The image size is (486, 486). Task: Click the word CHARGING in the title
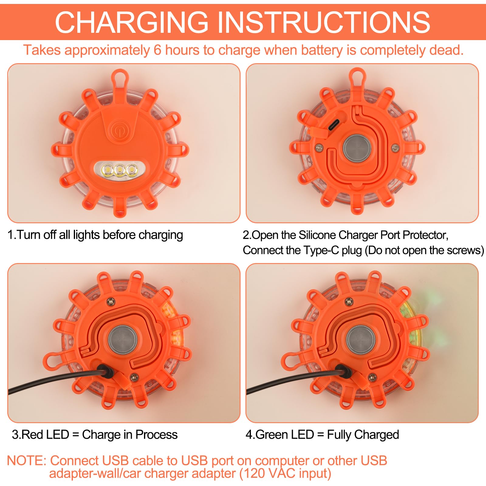pyautogui.click(x=132, y=22)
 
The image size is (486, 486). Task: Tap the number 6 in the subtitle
pyautogui.click(x=157, y=50)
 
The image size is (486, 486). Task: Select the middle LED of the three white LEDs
pyautogui.click(x=120, y=170)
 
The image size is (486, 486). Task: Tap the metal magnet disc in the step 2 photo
pyautogui.click(x=357, y=148)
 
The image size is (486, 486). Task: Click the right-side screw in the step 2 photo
pyautogui.click(x=395, y=148)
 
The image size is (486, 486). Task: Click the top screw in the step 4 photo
pyautogui.click(x=349, y=302)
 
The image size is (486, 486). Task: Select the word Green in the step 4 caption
pyautogui.click(x=274, y=434)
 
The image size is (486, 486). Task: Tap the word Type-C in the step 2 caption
pyautogui.click(x=321, y=250)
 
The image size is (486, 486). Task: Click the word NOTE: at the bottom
pyautogui.click(x=27, y=460)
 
